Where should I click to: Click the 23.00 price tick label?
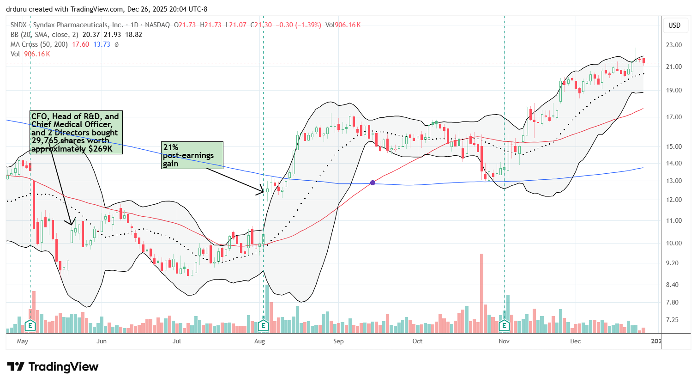[x=674, y=45]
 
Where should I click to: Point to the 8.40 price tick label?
[x=674, y=285]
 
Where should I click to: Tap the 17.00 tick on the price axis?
[x=674, y=117]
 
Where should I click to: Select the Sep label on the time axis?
[x=338, y=341]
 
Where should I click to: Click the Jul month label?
[x=176, y=341]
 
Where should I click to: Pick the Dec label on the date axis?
[x=575, y=341]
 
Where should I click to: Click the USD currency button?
[x=674, y=25]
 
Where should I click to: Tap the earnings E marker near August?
[x=263, y=326]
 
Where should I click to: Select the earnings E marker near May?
[x=30, y=326]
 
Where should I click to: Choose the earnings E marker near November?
[x=504, y=326]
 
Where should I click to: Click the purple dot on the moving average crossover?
[x=373, y=183]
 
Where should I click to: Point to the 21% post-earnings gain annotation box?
[x=192, y=155]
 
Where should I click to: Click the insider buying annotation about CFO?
[x=76, y=133]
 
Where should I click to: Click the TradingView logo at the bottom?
[x=53, y=367]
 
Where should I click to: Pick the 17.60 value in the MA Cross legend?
[x=80, y=44]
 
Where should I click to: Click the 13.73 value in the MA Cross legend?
[x=102, y=44]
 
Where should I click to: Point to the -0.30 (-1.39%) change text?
[x=298, y=25]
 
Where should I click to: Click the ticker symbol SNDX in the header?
[x=18, y=25]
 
